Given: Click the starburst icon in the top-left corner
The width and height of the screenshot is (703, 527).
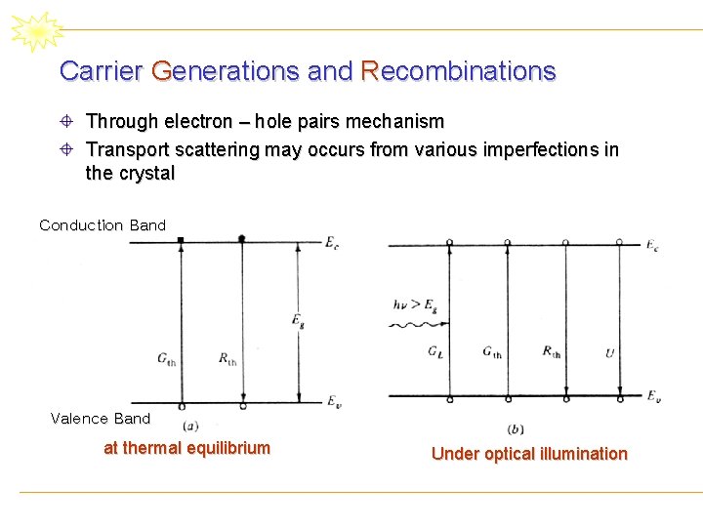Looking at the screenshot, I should pos(36,32).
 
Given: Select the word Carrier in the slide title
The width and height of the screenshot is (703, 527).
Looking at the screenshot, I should pos(101,71).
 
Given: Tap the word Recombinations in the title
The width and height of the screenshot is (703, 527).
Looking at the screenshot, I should pos(458,71).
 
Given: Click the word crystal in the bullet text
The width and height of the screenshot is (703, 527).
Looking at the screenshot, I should pos(146,174).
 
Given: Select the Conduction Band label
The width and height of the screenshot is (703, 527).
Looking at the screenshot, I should pos(103,225).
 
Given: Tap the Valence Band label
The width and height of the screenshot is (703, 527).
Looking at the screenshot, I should pos(101,419).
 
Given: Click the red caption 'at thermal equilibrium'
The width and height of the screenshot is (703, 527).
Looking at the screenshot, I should pos(186,448).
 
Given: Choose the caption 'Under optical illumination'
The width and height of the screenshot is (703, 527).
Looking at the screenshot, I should pos(529,454).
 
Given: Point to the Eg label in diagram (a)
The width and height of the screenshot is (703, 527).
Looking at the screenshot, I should pos(297,319).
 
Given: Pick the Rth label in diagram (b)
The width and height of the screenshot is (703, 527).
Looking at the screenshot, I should pos(553,351).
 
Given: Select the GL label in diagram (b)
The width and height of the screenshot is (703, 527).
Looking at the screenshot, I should pos(434,351).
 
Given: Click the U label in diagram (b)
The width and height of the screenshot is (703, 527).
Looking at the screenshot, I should pos(609,352).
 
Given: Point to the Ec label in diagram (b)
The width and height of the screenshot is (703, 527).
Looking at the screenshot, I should pos(651,246).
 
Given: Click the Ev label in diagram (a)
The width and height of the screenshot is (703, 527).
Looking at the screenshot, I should pos(332,401).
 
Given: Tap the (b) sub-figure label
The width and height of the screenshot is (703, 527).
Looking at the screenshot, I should pos(516,429).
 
